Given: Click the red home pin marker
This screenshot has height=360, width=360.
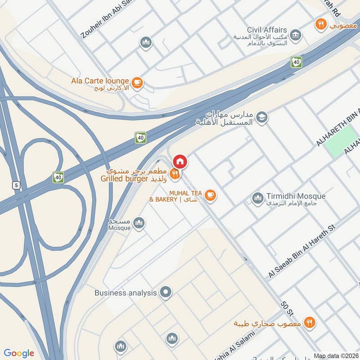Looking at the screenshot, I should (180, 161).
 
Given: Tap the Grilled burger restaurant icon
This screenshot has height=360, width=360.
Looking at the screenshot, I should (175, 173).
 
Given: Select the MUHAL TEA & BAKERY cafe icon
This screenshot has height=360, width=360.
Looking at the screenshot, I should (210, 195).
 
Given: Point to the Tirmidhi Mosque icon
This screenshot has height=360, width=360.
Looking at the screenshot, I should (258, 198).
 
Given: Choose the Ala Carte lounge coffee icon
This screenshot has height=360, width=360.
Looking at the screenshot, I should (138, 82).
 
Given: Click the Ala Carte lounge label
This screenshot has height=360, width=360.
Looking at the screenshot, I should (100, 81).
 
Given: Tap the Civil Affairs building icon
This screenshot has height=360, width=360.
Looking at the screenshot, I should (296, 35).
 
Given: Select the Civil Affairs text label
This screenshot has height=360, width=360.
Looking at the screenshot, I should (267, 30).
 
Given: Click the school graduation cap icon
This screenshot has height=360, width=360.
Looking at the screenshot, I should (261, 118).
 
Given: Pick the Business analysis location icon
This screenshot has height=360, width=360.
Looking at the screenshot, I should (166, 293).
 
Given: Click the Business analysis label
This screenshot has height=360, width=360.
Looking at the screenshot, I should (126, 293).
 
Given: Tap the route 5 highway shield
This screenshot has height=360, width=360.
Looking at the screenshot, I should (16, 185).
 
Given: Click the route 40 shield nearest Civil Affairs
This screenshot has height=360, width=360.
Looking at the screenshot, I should (296, 62).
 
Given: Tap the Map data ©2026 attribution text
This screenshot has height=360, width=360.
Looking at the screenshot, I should (335, 355).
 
